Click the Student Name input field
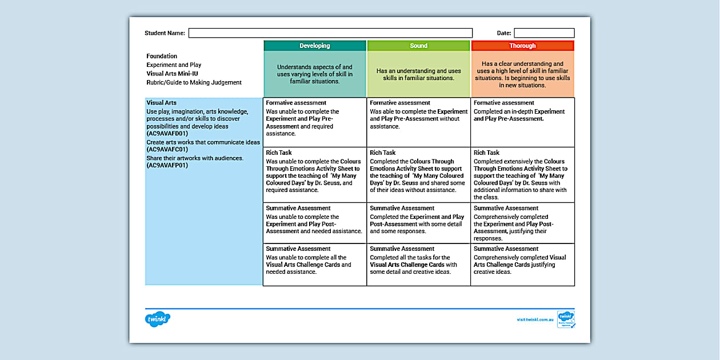330,33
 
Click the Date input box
543,33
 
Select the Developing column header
315,46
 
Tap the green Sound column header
418,46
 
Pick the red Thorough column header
522,46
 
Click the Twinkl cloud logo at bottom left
158,319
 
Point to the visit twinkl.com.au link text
535,320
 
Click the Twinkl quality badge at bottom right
566,319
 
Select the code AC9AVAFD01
167,134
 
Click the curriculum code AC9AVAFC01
167,150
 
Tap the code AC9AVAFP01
167,166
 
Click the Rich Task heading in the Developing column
279,153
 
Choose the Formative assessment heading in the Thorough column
504,103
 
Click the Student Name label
165,33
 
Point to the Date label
503,33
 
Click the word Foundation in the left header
162,56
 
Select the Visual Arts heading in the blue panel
161,103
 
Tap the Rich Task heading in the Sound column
383,153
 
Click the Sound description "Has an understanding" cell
418,74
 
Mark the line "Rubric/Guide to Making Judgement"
194,82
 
